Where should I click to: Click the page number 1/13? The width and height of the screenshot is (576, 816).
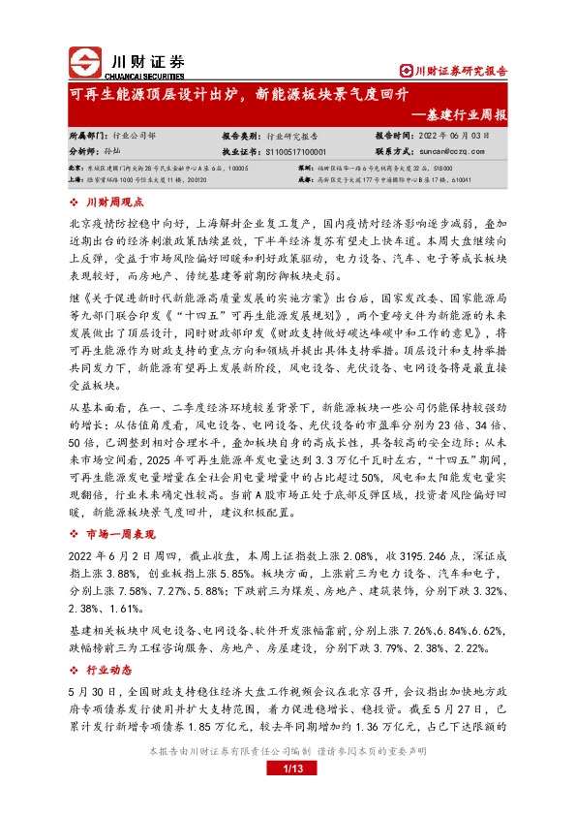point(288,798)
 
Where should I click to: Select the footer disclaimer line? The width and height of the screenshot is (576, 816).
point(288,778)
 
